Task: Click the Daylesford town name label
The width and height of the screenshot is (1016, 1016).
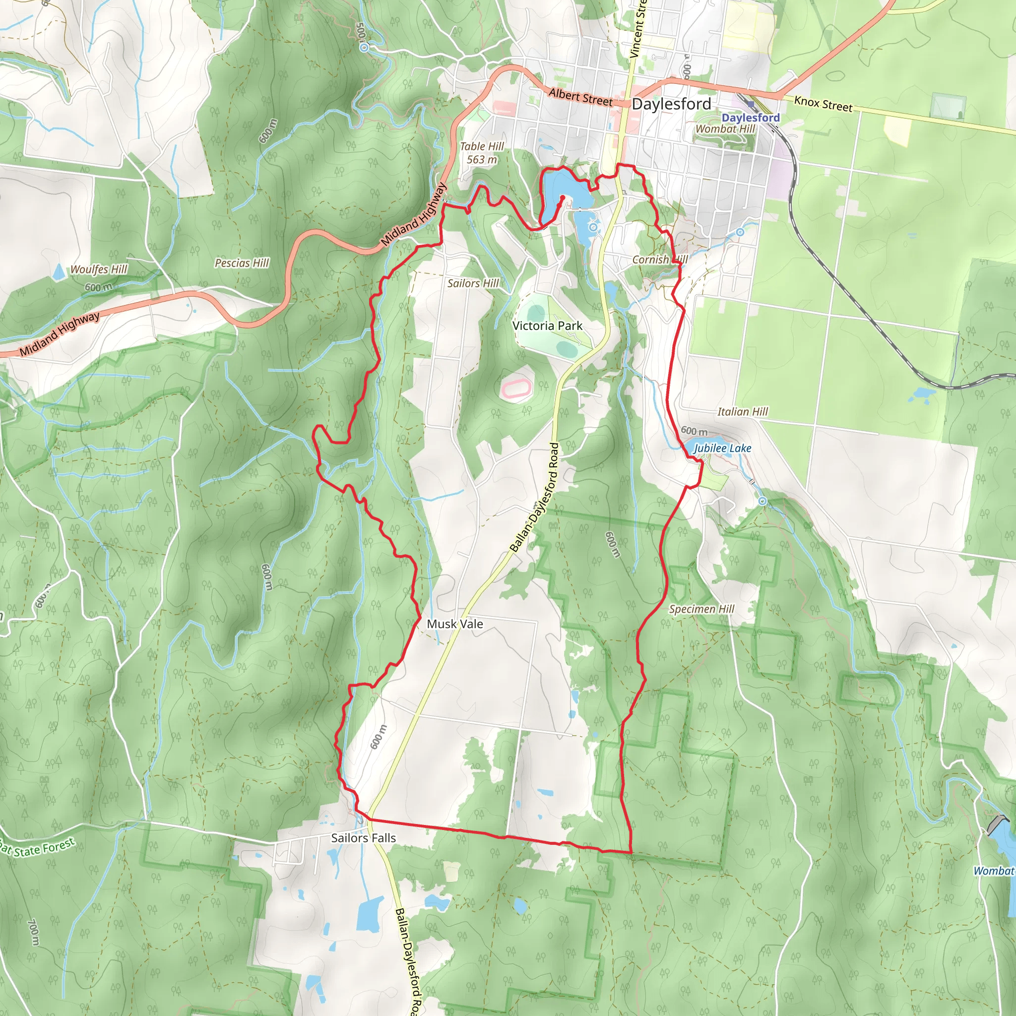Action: [671, 104]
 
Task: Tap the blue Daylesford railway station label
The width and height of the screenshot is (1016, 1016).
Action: [751, 117]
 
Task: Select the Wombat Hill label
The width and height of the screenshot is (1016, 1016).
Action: [725, 129]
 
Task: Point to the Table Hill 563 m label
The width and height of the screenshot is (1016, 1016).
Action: [482, 153]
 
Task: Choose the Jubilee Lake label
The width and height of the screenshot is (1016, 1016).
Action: [722, 448]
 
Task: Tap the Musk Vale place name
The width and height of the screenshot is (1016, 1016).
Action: [454, 624]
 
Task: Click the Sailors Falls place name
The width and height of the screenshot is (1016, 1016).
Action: [363, 838]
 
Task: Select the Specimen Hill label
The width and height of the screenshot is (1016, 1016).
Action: [701, 609]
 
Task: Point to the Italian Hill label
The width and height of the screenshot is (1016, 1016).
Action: [743, 412]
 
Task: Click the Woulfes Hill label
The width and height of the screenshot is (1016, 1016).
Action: [99, 269]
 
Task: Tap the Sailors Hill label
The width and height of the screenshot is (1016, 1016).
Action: [473, 283]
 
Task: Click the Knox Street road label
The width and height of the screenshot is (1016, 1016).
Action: [823, 104]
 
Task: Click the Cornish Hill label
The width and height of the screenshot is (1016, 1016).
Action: [659, 260]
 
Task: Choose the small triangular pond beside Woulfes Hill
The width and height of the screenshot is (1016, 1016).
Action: [60, 271]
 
